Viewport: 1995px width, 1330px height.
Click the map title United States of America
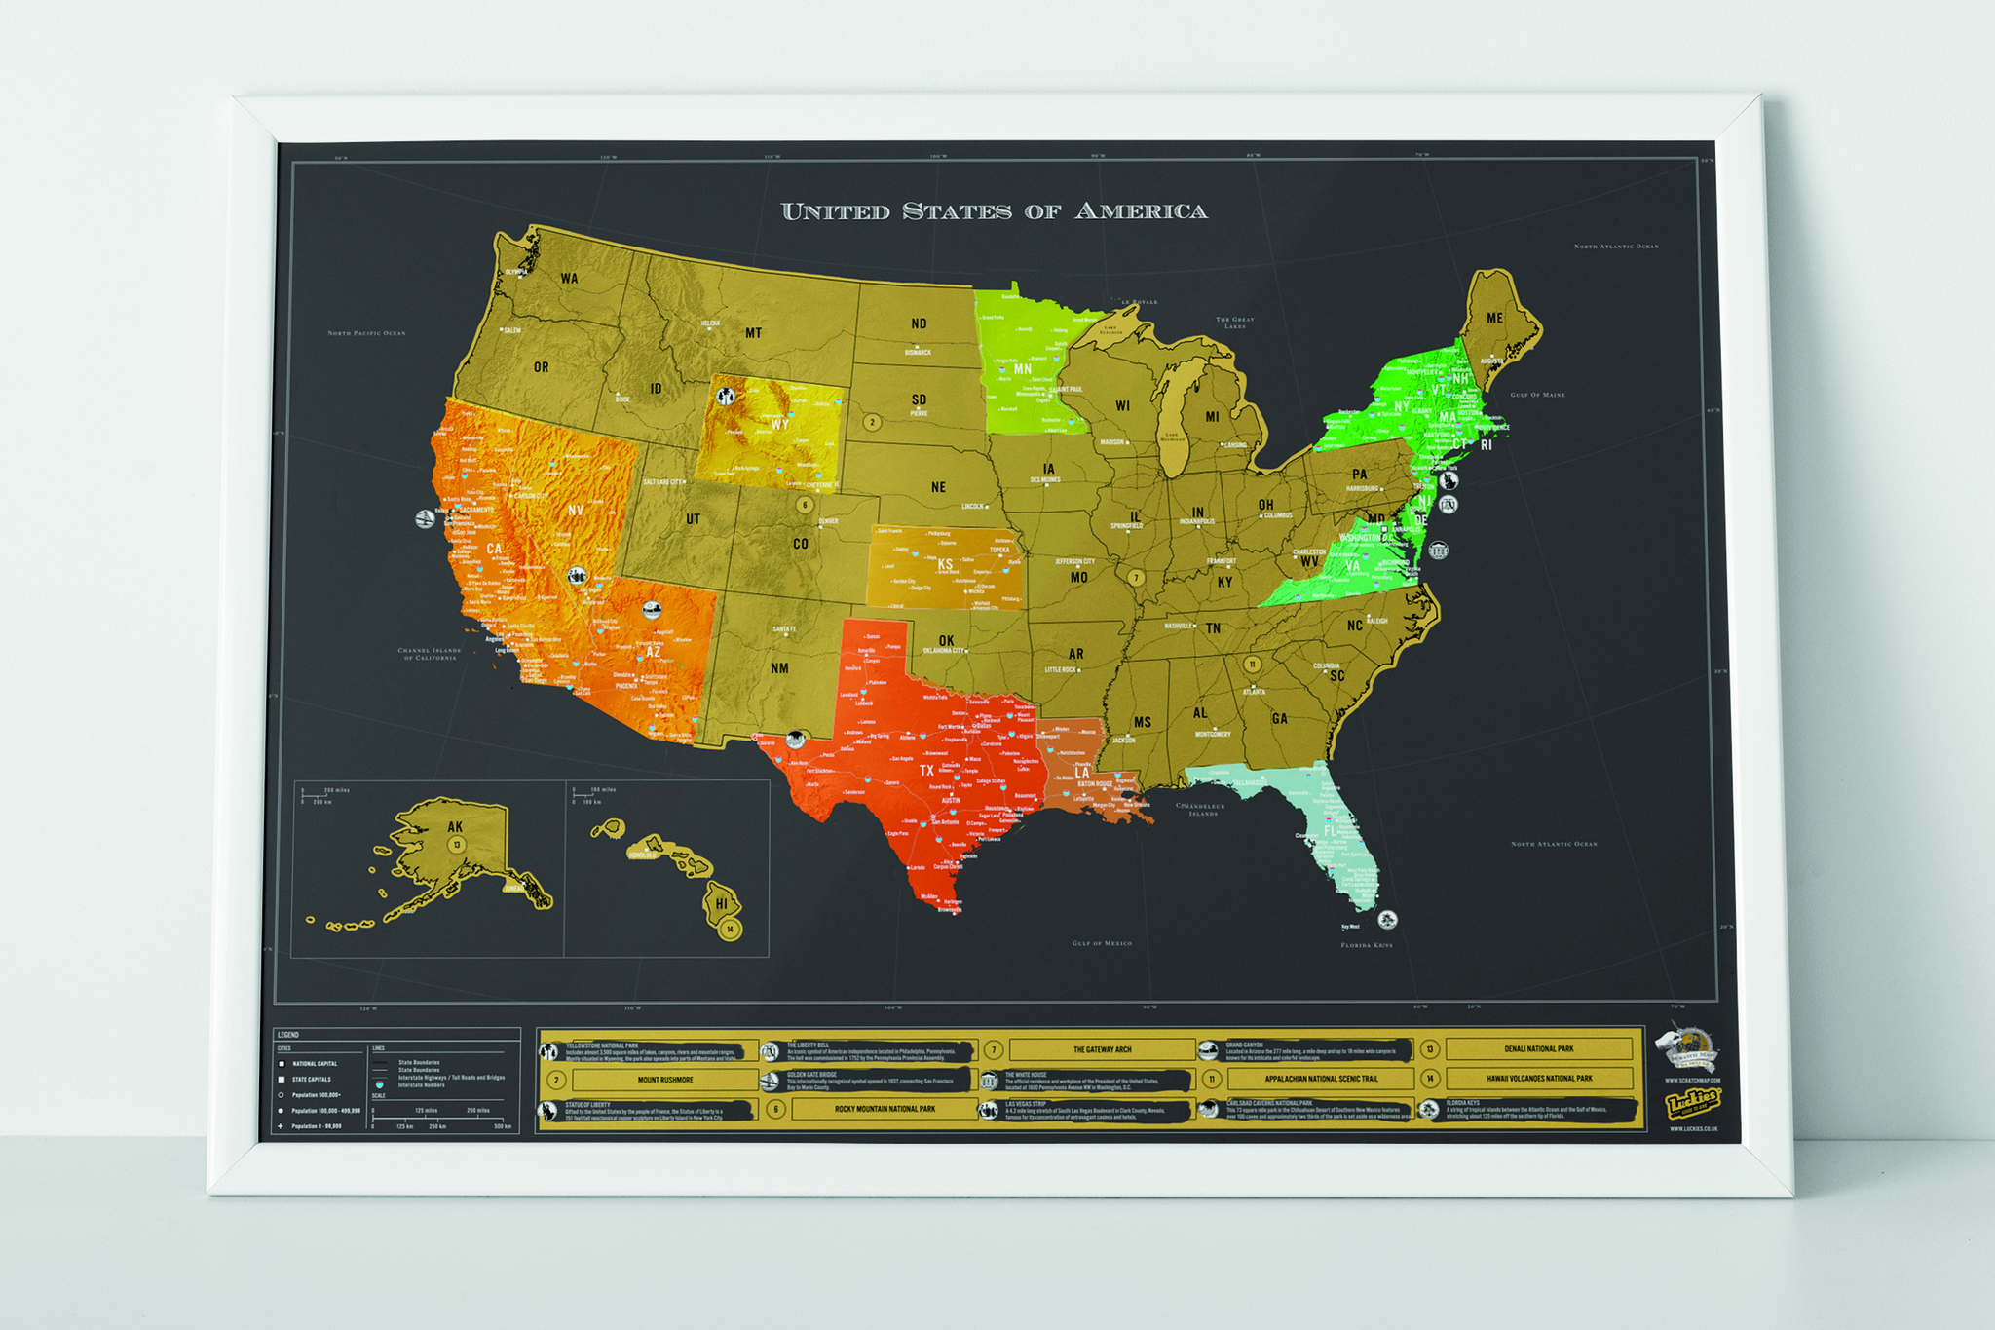click(x=994, y=211)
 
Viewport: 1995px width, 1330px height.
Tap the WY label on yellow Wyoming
click(x=780, y=424)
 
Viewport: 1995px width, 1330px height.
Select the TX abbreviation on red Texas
click(x=926, y=771)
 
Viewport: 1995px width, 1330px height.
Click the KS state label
click(x=945, y=564)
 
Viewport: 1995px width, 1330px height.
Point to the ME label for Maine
click(x=1494, y=319)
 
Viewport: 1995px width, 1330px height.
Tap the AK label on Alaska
click(x=455, y=827)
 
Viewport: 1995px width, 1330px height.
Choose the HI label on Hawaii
click(x=721, y=903)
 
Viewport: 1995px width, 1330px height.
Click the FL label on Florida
click(x=1331, y=831)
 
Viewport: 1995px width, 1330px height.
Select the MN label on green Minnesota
click(x=1023, y=369)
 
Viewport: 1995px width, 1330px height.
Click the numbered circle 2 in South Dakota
click(x=873, y=422)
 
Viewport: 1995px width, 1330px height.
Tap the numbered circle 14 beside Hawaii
click(x=730, y=929)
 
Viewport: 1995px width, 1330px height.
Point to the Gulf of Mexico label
click(x=1102, y=943)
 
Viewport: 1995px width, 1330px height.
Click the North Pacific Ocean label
click(x=366, y=333)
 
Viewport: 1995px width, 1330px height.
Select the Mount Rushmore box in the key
click(x=665, y=1080)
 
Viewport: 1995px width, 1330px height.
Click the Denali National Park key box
click(x=1538, y=1049)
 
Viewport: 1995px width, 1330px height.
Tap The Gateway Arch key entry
click(x=1102, y=1049)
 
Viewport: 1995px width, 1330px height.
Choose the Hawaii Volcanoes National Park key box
click(x=1539, y=1079)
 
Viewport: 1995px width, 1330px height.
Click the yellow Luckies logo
click(x=1692, y=1103)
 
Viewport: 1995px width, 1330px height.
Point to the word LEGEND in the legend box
click(x=288, y=1035)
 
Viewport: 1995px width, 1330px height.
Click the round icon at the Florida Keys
click(x=1388, y=919)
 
